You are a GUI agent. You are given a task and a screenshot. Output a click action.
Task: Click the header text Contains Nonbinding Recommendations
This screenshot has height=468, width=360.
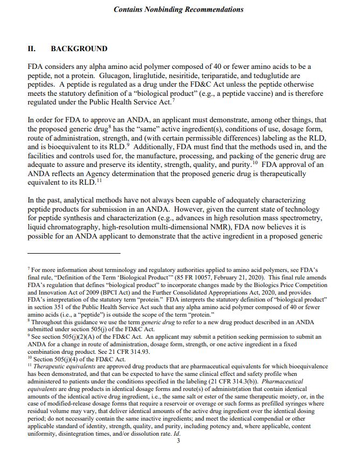[x=179, y=9]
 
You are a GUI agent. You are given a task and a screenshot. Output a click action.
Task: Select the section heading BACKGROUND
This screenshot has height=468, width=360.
[x=79, y=49]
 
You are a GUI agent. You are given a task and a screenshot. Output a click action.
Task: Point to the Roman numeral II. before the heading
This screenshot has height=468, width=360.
[x=32, y=49]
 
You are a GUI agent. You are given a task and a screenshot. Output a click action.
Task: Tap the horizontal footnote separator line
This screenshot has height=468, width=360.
[x=74, y=253]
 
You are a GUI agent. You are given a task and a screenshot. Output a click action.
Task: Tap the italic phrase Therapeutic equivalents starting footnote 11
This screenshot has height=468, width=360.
[x=57, y=367]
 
